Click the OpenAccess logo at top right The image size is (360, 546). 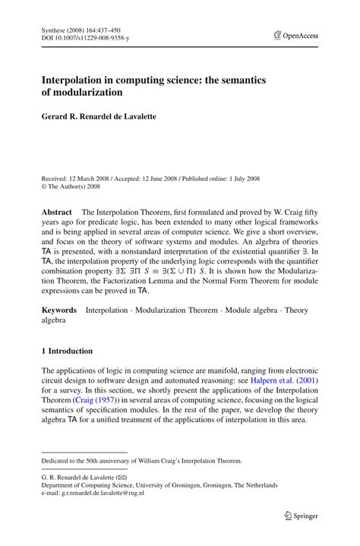[296, 35]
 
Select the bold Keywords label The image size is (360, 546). [59, 310]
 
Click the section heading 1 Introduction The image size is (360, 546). [67, 351]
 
